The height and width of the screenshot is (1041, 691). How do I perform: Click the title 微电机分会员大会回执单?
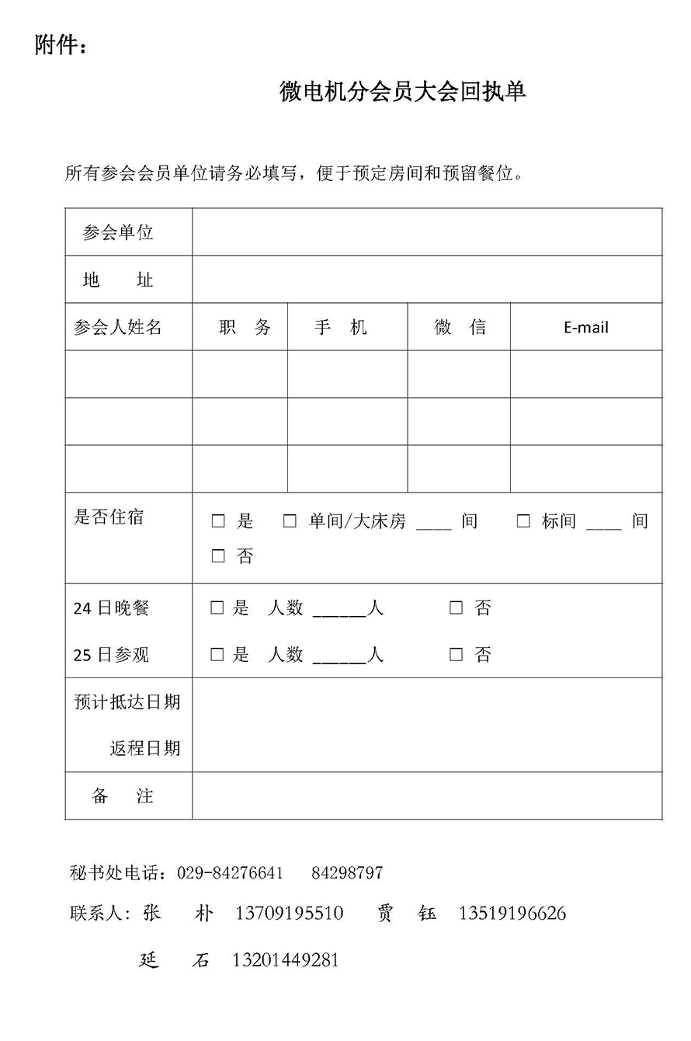(x=402, y=92)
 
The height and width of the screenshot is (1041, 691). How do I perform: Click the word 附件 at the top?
(x=57, y=46)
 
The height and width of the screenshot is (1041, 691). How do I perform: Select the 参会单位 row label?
(x=118, y=232)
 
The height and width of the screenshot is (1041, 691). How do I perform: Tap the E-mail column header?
(x=585, y=327)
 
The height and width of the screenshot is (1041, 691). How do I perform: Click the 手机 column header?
(x=340, y=327)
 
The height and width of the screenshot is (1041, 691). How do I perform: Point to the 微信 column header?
(x=460, y=327)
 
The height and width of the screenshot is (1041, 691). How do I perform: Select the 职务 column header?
(x=245, y=327)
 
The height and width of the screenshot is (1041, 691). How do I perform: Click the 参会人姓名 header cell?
(x=118, y=327)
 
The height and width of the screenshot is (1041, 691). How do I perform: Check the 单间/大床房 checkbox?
(x=290, y=521)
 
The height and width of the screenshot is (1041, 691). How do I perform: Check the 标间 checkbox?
(x=523, y=521)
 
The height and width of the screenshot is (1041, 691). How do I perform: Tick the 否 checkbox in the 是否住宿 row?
(x=218, y=556)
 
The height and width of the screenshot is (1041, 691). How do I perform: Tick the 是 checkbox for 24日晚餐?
(x=217, y=608)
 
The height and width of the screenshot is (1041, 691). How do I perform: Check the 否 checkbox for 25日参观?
(x=456, y=654)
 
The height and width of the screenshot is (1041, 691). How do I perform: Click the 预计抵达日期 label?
(x=127, y=702)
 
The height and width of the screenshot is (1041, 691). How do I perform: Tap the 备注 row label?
(x=123, y=796)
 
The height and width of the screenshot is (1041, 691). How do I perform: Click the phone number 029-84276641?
(x=230, y=872)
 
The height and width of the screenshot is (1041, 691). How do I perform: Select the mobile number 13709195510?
(x=289, y=913)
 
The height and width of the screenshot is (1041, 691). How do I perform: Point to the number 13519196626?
(x=512, y=913)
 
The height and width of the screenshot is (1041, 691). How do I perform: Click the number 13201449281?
(x=285, y=960)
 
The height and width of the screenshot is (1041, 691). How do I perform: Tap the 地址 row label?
(x=118, y=280)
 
